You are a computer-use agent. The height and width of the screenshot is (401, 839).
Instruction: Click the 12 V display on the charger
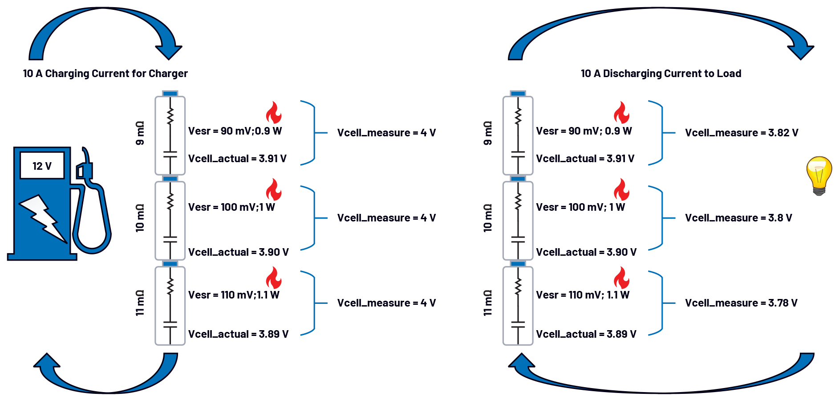(x=42, y=166)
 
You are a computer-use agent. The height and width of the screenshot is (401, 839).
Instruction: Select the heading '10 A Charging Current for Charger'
(x=105, y=74)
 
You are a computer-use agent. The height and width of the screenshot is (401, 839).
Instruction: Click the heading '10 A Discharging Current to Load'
(x=661, y=74)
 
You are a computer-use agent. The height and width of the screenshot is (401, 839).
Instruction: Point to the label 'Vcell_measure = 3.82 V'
(x=741, y=133)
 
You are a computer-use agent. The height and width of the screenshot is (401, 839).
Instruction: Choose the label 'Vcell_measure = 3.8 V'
(x=738, y=218)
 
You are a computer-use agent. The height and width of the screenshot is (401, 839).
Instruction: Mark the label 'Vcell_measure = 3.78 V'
(x=741, y=303)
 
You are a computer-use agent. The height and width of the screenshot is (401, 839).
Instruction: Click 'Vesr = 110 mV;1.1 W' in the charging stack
(x=234, y=295)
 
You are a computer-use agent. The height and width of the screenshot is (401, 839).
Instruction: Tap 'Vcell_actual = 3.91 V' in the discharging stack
(x=585, y=159)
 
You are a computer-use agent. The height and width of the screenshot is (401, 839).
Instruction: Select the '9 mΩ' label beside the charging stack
(x=140, y=133)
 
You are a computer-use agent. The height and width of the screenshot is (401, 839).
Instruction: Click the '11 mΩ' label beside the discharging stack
(x=488, y=303)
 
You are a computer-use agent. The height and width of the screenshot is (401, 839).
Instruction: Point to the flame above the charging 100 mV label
(x=274, y=190)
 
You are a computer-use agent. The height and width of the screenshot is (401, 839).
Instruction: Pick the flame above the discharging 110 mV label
(x=621, y=278)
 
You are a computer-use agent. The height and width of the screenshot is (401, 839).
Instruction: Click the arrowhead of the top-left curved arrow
(x=169, y=51)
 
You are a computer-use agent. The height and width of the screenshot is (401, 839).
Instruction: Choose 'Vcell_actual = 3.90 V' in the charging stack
(x=238, y=252)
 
